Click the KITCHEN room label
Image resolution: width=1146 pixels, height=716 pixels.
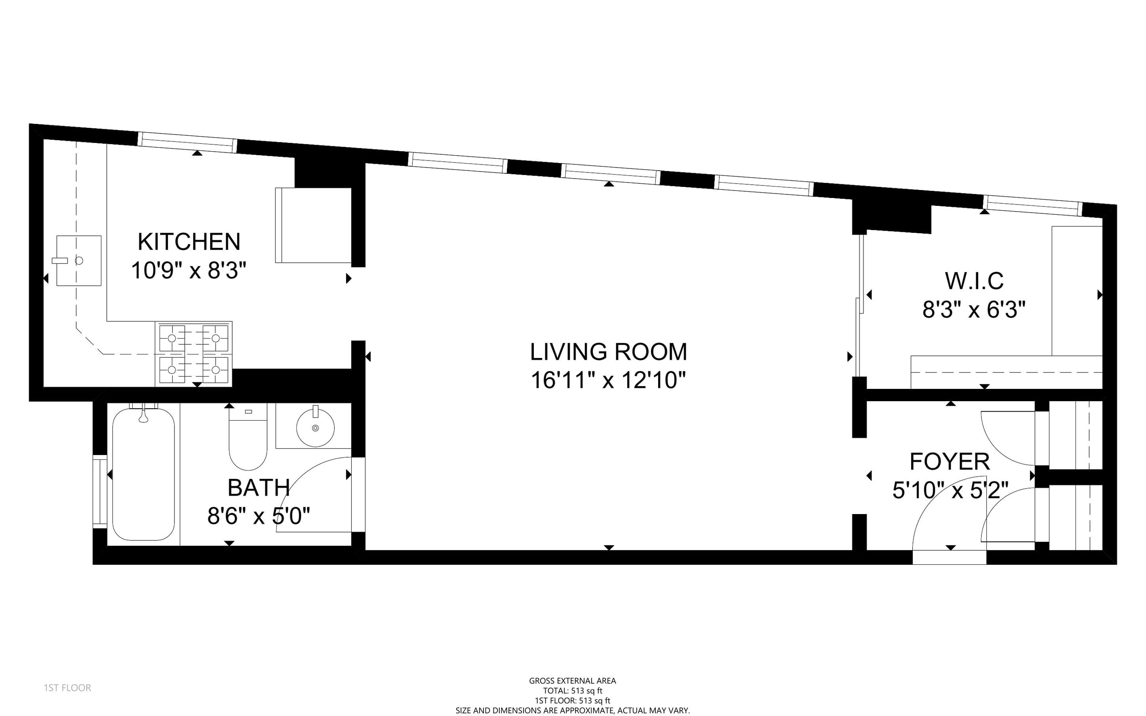[x=189, y=242]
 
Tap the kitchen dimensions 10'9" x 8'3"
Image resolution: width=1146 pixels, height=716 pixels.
[x=189, y=271]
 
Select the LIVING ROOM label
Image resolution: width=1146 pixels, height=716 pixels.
[x=608, y=352]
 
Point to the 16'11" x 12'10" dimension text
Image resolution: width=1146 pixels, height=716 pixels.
[x=608, y=380]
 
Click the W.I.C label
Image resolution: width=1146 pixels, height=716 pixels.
[x=974, y=281]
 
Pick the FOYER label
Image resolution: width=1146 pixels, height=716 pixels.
[x=949, y=462]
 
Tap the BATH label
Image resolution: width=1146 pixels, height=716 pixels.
[x=258, y=488]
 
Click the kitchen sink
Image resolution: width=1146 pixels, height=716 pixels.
[x=78, y=261]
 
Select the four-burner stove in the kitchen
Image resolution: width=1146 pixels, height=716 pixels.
[x=193, y=354]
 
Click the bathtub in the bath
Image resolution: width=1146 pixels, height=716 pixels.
[x=143, y=474]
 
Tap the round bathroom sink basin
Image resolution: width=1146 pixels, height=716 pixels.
[x=315, y=427]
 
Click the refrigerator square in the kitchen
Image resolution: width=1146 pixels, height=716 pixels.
[x=313, y=225]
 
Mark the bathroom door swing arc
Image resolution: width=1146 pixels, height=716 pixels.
[x=303, y=474]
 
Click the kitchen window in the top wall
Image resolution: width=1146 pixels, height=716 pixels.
[x=188, y=142]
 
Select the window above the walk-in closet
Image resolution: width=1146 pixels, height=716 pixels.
[x=1033, y=205]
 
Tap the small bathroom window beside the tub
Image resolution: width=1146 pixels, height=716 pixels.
[x=100, y=491]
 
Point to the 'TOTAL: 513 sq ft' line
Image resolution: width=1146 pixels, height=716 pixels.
[x=573, y=691]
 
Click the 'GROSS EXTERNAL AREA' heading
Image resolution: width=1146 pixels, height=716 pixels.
[x=573, y=681]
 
